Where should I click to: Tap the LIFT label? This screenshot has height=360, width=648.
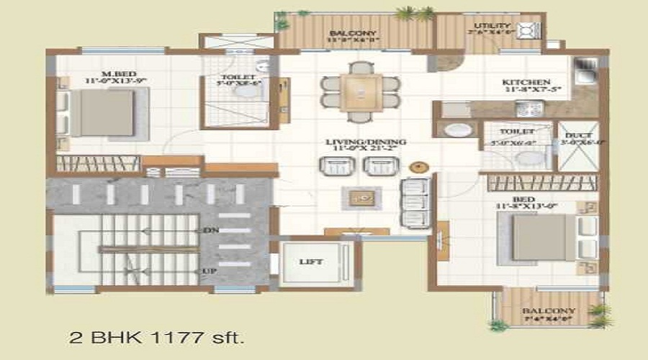(x=311, y=261)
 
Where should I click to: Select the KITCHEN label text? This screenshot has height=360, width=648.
(x=526, y=82)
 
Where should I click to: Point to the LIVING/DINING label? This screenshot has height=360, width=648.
(x=365, y=142)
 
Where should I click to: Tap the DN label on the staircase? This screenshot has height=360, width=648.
(x=212, y=231)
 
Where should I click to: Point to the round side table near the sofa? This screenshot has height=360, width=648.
(x=418, y=166)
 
